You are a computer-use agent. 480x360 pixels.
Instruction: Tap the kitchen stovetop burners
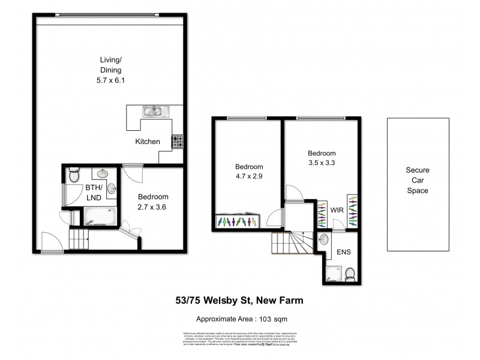pyautogui.click(x=178, y=142)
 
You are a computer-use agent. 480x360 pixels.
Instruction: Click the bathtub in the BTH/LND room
pyautogui.click(x=101, y=215)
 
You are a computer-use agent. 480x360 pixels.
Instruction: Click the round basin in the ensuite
pyautogui.click(x=324, y=240)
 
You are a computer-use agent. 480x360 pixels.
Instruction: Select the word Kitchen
pyautogui.click(x=147, y=142)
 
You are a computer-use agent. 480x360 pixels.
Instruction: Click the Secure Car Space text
pyautogui.click(x=417, y=181)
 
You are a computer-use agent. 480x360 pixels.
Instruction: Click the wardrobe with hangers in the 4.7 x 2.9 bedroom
pyautogui.click(x=238, y=221)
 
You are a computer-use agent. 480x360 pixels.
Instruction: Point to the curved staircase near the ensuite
pyautogui.click(x=291, y=244)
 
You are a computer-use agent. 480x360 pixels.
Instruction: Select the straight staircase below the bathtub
pyautogui.click(x=79, y=239)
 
